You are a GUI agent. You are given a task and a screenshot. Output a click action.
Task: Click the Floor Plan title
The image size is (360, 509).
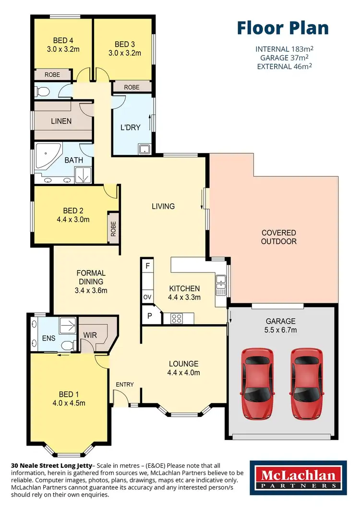click(x=283, y=28)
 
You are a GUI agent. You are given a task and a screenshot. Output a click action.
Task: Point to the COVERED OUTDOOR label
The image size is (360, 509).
click(x=278, y=237)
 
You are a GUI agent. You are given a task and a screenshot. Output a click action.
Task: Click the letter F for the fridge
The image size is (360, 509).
click(x=147, y=265)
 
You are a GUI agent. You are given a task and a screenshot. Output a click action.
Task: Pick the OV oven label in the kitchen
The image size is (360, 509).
click(x=147, y=297)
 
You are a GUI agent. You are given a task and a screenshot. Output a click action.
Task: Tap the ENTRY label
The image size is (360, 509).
click(x=125, y=384)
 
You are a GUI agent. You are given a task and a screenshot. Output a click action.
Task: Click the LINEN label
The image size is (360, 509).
click(x=61, y=121)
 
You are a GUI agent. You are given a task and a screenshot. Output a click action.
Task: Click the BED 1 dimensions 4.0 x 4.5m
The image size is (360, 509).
click(x=69, y=403)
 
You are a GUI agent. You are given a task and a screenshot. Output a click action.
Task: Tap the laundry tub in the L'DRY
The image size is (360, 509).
click(x=144, y=149)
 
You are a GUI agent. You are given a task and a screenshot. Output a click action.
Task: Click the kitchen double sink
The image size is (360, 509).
click(x=221, y=284)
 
